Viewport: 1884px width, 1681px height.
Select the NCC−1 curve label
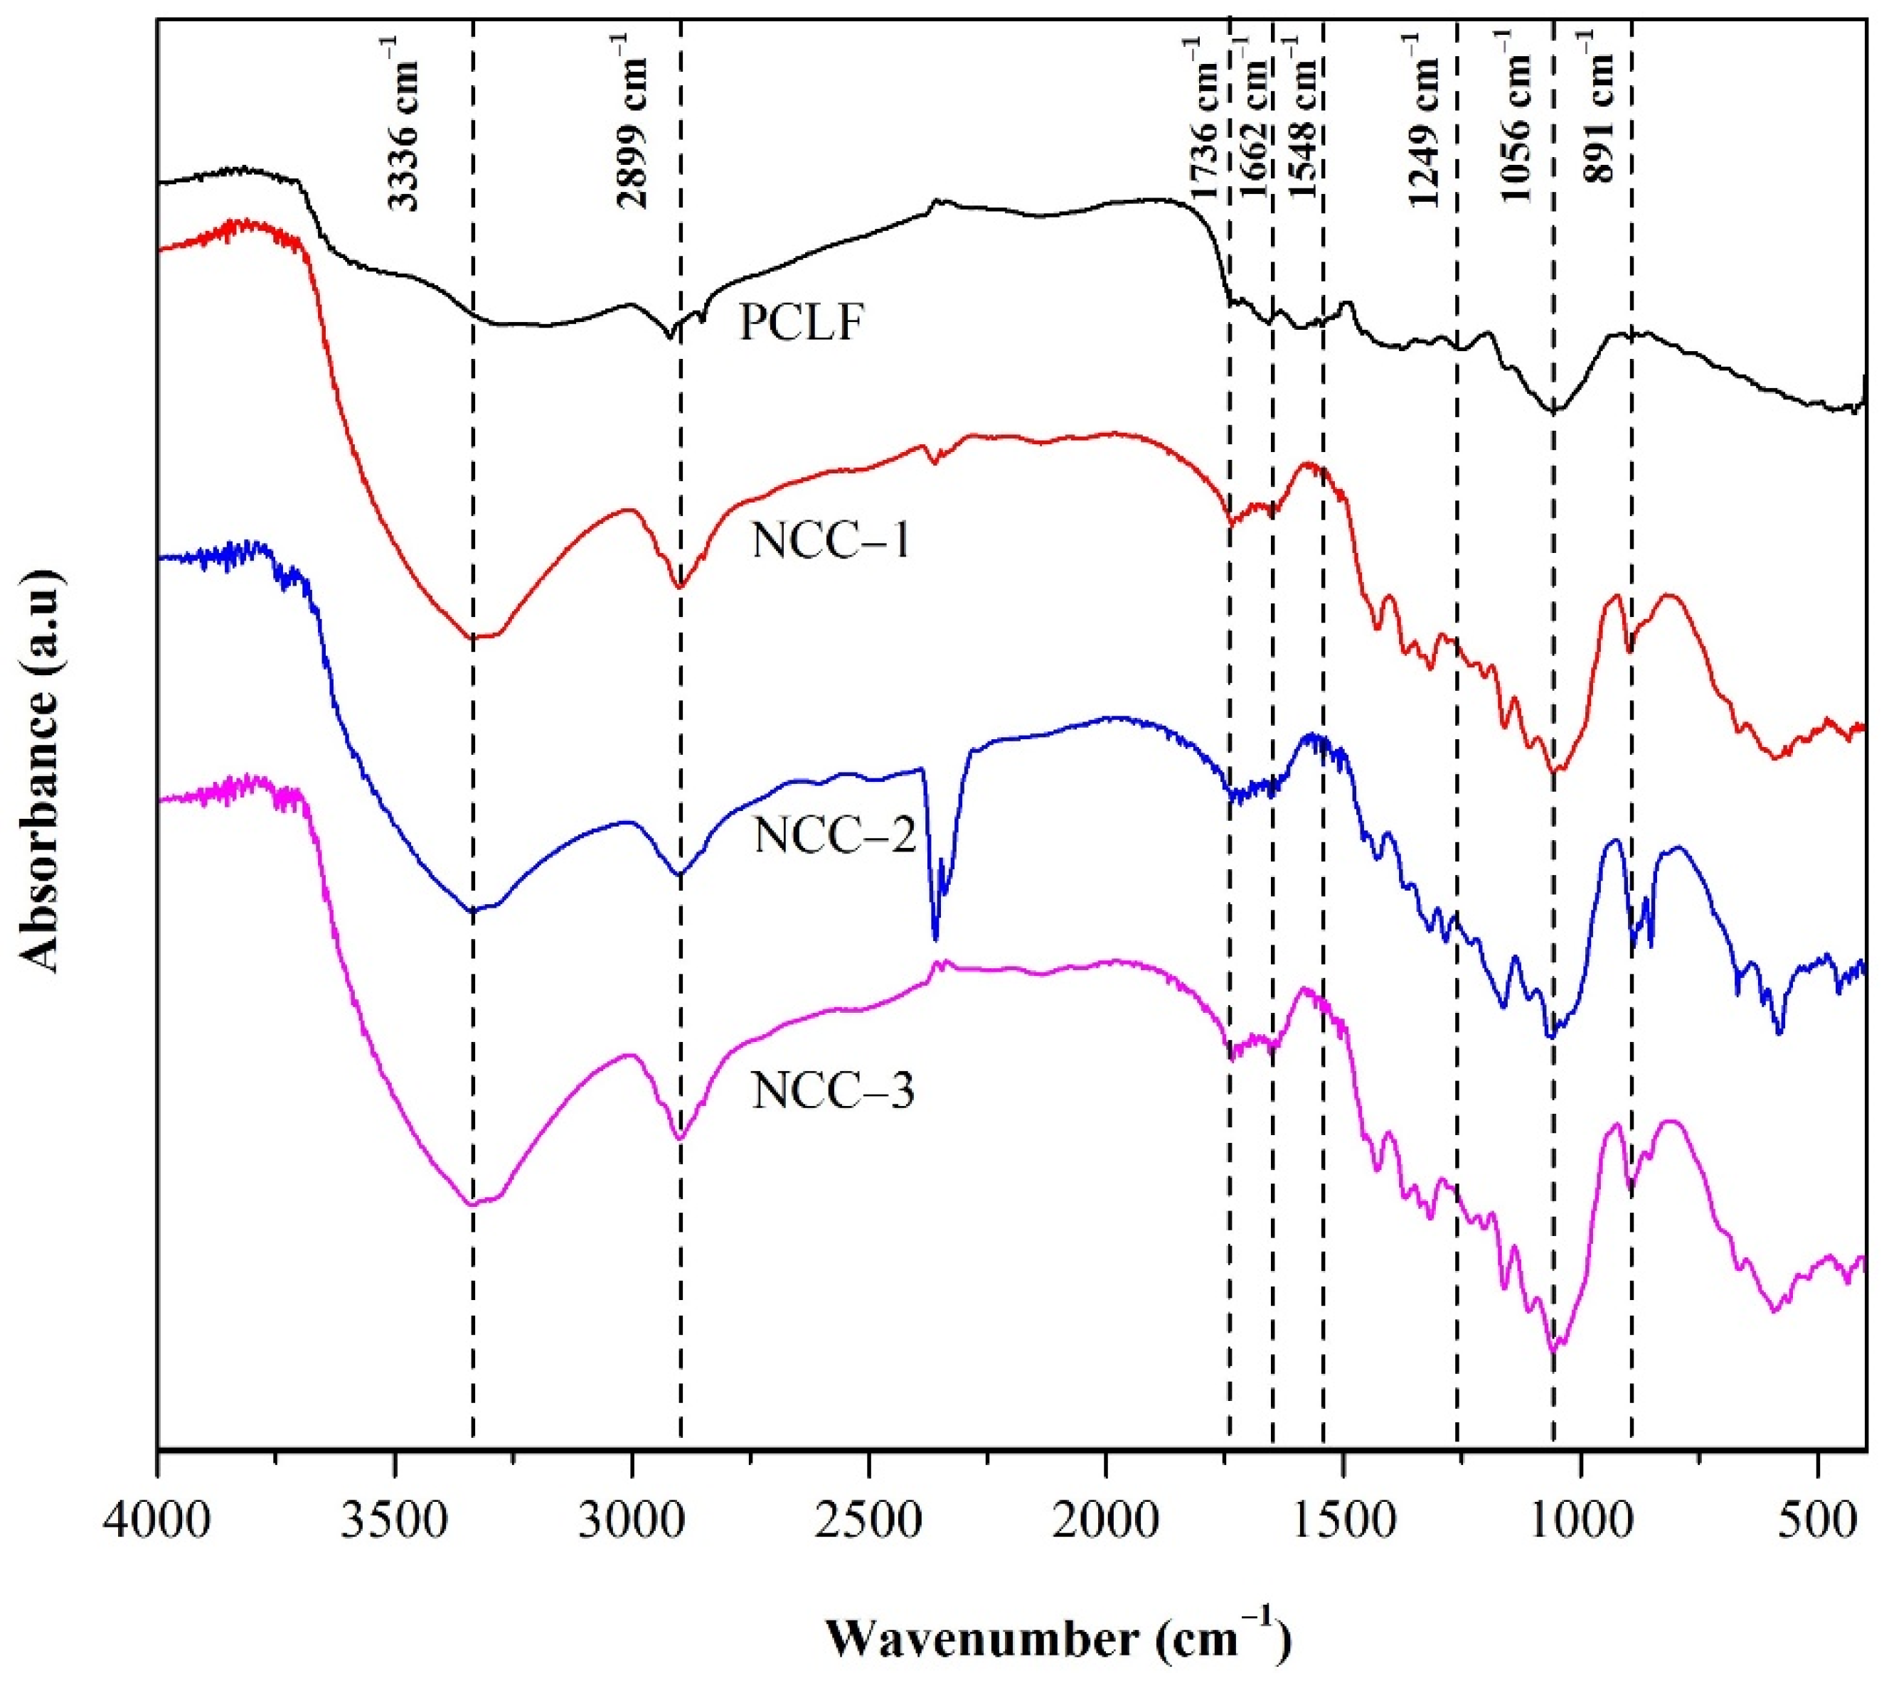click(831, 539)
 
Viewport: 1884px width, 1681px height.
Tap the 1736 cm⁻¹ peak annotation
click(1208, 120)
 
